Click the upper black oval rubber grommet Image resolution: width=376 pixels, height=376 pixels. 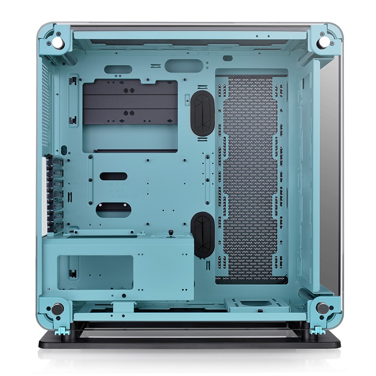click(203, 113)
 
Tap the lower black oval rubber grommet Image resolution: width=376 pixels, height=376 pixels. click(203, 234)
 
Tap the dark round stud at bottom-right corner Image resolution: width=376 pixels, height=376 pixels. click(323, 308)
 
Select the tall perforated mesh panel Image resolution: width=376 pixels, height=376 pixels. click(252, 178)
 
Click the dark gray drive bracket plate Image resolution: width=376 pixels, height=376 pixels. click(130, 103)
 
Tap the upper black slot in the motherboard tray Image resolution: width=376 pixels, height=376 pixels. click(113, 177)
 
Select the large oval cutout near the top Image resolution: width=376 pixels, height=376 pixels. click(183, 65)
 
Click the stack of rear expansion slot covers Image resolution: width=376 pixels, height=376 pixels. click(56, 193)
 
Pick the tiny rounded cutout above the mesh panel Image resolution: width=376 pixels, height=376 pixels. click(228, 58)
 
